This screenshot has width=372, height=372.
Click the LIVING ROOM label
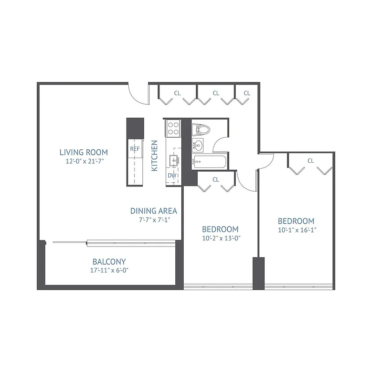[x=84, y=152]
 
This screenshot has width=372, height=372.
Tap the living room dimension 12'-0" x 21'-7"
[x=84, y=162]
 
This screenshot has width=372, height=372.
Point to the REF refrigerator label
[x=135, y=149]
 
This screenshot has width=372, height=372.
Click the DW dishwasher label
[x=172, y=176]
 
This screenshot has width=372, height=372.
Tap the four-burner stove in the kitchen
[x=173, y=128]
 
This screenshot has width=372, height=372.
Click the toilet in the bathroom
[x=201, y=129]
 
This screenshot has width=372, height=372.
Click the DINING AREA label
[x=153, y=211]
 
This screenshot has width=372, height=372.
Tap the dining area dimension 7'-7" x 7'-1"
[x=153, y=220]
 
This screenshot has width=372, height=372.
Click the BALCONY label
[x=109, y=262]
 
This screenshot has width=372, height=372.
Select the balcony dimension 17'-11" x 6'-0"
[x=109, y=270]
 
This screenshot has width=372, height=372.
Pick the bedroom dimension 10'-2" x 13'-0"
[x=220, y=238]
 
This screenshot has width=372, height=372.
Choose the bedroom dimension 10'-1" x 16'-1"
[x=296, y=230]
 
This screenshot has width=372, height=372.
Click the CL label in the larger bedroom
[x=310, y=161]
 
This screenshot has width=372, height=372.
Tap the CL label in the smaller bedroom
[x=216, y=179]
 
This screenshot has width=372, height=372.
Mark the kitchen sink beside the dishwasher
[x=175, y=160]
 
